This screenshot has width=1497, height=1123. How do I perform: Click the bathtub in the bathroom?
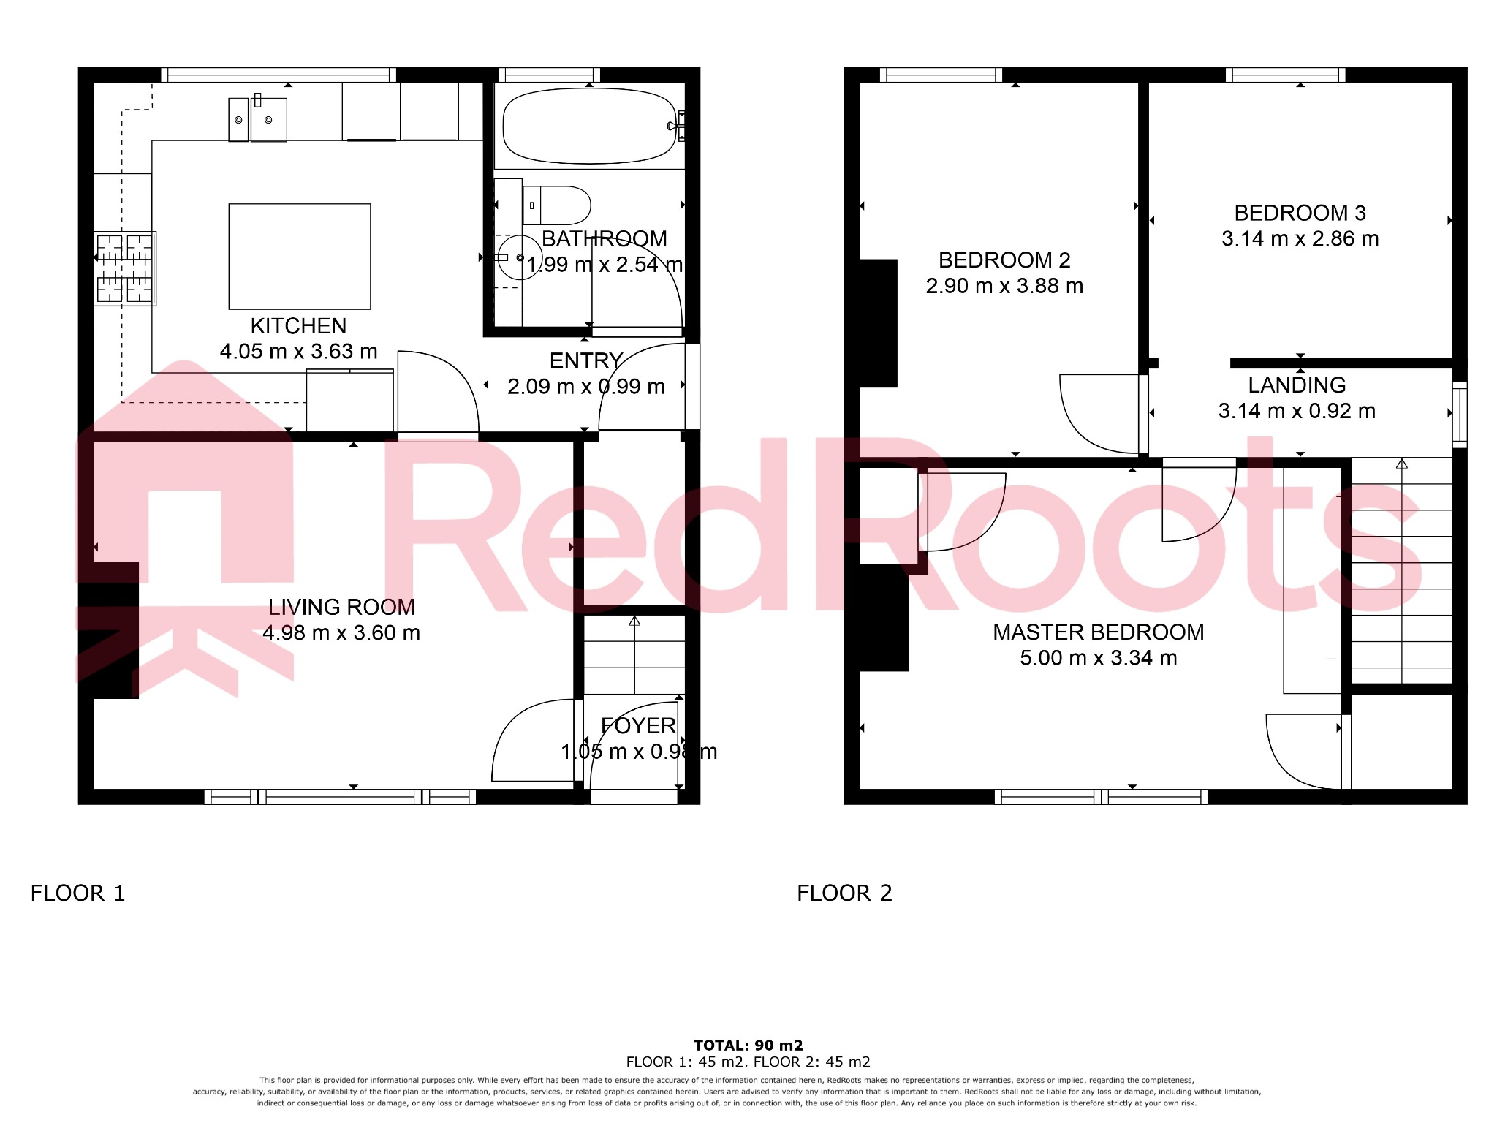click(x=589, y=126)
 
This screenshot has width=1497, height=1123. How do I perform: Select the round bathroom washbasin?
click(x=519, y=257)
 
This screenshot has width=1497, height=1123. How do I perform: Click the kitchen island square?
click(x=300, y=256)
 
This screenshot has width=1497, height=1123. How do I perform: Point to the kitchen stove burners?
click(x=124, y=268)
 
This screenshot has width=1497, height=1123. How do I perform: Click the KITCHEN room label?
click(x=298, y=326)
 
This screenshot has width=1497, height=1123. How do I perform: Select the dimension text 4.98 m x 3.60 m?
click(x=341, y=633)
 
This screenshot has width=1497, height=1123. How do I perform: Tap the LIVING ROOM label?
click(x=341, y=607)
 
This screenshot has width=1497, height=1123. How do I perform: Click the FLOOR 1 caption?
click(x=77, y=893)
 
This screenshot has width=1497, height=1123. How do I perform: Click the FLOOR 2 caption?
click(x=844, y=893)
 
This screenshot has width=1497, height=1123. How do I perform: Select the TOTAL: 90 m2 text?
click(x=748, y=1045)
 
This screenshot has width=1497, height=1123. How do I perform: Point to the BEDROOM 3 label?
click(x=1300, y=213)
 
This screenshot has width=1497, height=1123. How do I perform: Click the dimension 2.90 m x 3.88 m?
click(x=1004, y=286)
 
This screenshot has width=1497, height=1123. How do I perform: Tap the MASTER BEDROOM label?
click(x=1098, y=632)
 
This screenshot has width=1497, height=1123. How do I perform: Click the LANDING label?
click(x=1297, y=385)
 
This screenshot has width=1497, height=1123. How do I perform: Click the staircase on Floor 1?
click(x=634, y=654)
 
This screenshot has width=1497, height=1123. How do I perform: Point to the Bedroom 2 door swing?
click(x=1096, y=414)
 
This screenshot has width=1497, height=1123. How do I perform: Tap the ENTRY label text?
click(x=585, y=360)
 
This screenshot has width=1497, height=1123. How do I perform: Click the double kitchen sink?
click(x=258, y=120)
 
